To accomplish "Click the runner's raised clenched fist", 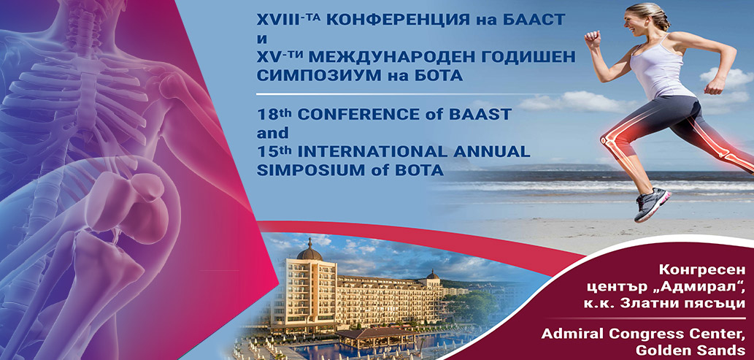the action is [x=593, y=39].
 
